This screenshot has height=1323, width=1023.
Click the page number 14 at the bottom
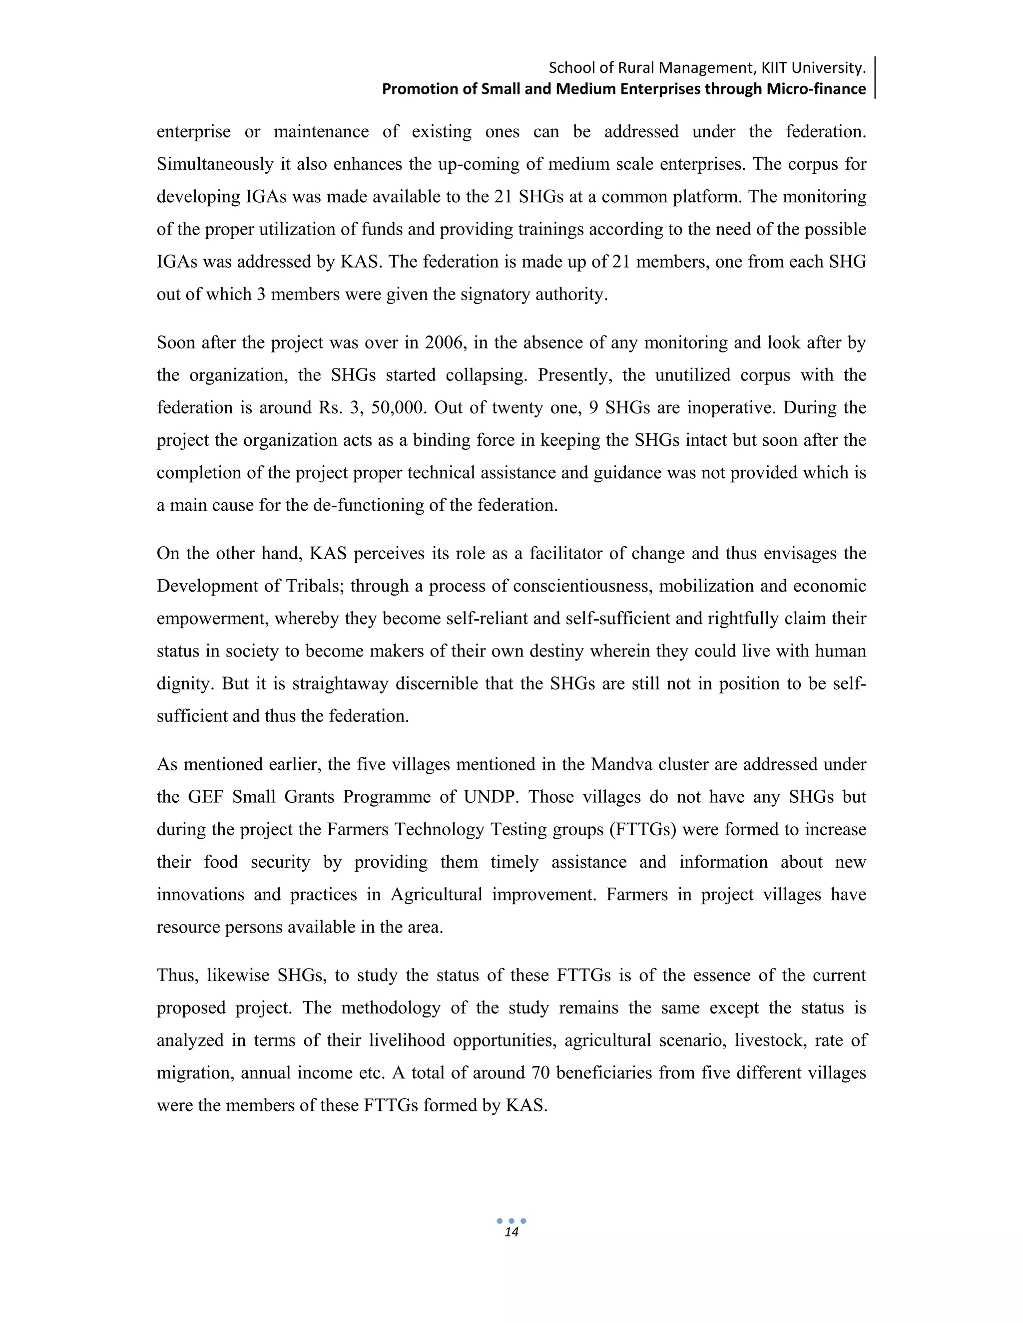click(x=511, y=1233)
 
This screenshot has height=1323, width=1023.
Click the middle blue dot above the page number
click(x=511, y=1221)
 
